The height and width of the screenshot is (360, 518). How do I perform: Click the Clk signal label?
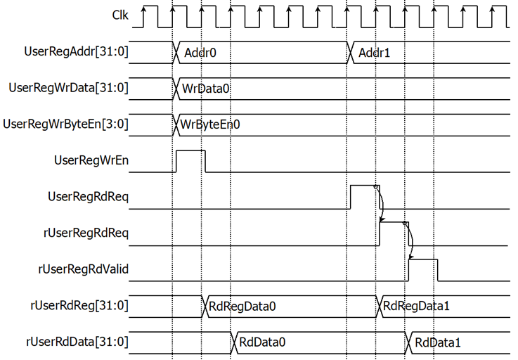click(x=120, y=15)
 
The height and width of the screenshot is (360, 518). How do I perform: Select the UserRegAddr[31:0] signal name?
click(x=76, y=51)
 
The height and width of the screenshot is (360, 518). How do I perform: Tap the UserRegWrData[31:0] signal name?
click(x=68, y=88)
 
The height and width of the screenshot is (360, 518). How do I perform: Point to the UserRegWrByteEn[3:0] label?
click(x=65, y=124)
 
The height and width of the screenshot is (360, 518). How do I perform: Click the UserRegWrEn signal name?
click(x=91, y=160)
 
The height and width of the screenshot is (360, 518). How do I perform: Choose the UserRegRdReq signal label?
click(x=88, y=197)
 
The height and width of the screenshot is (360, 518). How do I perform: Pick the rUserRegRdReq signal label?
click(x=86, y=233)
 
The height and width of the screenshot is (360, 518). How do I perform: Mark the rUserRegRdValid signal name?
click(x=83, y=269)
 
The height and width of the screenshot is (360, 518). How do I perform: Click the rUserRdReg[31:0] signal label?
click(x=79, y=305)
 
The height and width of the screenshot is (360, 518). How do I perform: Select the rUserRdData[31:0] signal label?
click(x=77, y=342)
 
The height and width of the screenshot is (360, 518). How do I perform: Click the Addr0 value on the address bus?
click(x=200, y=53)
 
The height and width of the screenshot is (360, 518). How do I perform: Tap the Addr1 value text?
click(x=375, y=53)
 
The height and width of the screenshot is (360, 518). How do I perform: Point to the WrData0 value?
click(x=205, y=89)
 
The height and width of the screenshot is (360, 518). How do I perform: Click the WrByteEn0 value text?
click(x=210, y=125)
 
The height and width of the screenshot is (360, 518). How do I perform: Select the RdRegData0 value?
click(x=242, y=307)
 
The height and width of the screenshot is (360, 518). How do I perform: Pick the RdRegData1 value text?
click(x=416, y=306)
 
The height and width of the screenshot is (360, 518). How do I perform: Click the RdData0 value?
click(x=262, y=342)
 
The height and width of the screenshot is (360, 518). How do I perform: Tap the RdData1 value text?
click(x=438, y=342)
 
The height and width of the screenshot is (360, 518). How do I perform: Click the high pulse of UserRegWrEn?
click(x=190, y=150)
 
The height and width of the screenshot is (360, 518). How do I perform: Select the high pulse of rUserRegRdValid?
click(x=423, y=259)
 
